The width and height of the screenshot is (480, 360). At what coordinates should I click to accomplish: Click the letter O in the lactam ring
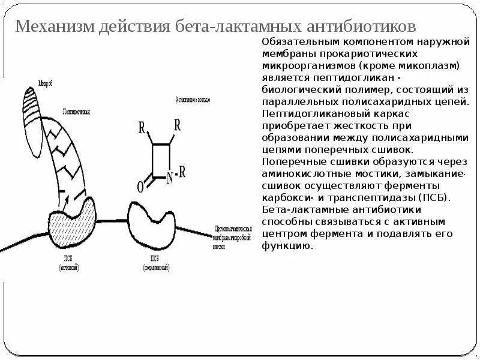coord(140,187)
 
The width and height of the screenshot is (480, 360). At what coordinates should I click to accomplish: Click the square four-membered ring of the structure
coord(161,160)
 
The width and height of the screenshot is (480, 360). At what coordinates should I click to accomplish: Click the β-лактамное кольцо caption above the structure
coord(191,98)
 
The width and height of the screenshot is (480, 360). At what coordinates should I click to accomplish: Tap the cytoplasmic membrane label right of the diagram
coord(235,237)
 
